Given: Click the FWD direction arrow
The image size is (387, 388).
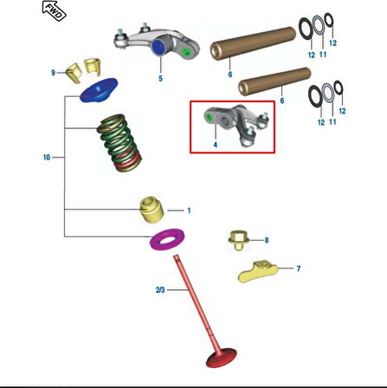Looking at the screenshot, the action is (54, 10).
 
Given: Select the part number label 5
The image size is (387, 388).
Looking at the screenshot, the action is (160, 78).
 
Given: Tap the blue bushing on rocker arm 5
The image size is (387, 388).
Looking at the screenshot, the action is (158, 47).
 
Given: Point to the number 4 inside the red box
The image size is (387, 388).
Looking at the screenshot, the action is (216, 145).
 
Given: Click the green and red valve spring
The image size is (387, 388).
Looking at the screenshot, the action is (119, 143).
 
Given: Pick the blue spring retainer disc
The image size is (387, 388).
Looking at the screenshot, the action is (99, 90).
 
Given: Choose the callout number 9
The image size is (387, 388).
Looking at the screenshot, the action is (53, 73).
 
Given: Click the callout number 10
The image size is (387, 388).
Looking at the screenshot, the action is (47, 158).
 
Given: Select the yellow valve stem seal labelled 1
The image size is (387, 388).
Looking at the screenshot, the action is (152, 210).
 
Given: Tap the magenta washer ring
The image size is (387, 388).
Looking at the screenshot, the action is (167, 239).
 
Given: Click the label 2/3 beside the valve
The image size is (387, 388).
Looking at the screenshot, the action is (160, 289).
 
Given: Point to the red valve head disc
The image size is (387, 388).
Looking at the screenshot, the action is (222, 358).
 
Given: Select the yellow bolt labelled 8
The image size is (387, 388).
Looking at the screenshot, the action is (238, 240).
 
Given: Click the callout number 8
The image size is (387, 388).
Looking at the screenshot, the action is (267, 240).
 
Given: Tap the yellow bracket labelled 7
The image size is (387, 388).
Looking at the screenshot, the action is (258, 271).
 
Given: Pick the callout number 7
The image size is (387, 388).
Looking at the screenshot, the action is (299, 268).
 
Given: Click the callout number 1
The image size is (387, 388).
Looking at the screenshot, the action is (189, 210).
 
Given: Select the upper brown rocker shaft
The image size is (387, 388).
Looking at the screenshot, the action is (253, 43).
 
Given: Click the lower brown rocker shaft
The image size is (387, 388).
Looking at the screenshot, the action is (274, 81).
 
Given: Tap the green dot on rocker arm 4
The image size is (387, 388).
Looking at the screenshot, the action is (209, 117).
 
